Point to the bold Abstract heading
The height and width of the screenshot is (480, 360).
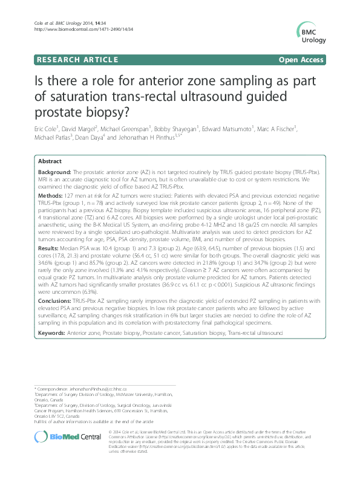pos(50,161)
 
